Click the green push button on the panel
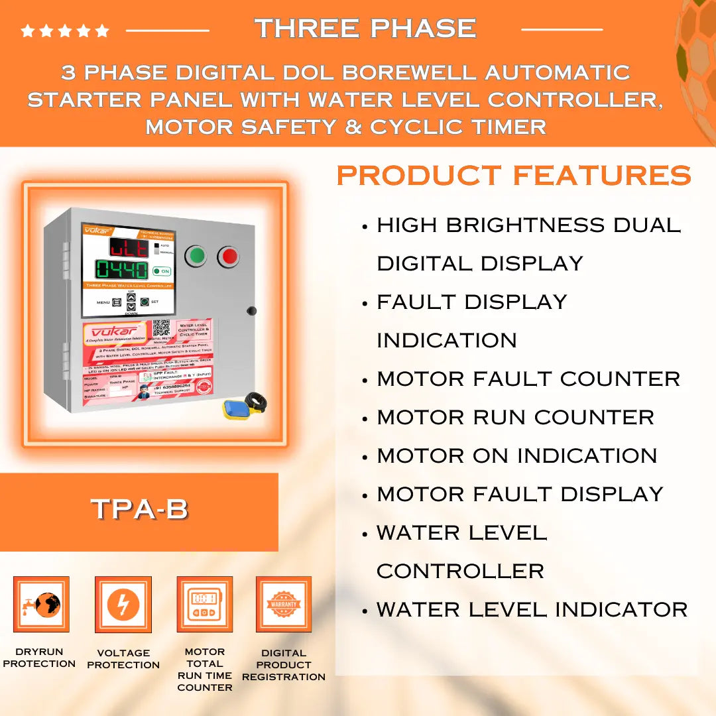(x=196, y=255)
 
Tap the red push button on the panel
(x=228, y=255)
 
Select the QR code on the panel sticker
(x=161, y=329)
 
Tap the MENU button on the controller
(x=117, y=302)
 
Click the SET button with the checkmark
(x=145, y=302)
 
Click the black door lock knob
(x=251, y=310)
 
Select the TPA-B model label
(x=139, y=509)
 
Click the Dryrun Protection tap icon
(x=41, y=605)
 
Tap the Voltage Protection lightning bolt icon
(x=123, y=605)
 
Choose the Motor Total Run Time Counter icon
(x=204, y=605)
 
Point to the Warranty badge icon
(x=284, y=605)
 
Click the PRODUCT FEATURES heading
(x=514, y=176)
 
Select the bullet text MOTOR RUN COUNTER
(x=515, y=417)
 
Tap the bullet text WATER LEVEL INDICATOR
(x=532, y=609)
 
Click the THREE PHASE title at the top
(x=365, y=29)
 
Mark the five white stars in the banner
(x=65, y=30)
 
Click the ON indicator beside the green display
(x=161, y=270)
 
